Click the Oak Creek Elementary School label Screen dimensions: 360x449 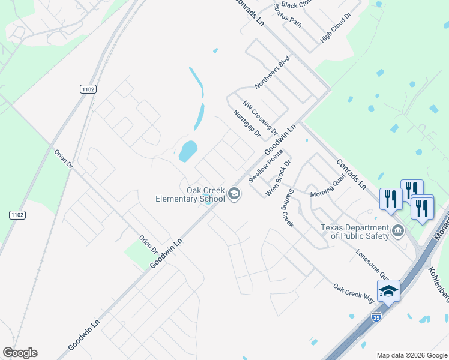click(x=190, y=194)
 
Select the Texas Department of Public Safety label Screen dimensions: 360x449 click(x=354, y=232)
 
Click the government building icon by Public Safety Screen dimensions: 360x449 click(x=397, y=232)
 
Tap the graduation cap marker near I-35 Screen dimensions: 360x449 click(x=388, y=291)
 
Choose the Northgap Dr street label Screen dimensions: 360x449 click(x=247, y=123)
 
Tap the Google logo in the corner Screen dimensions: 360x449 click(x=20, y=353)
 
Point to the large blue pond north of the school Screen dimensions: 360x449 click(x=188, y=151)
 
